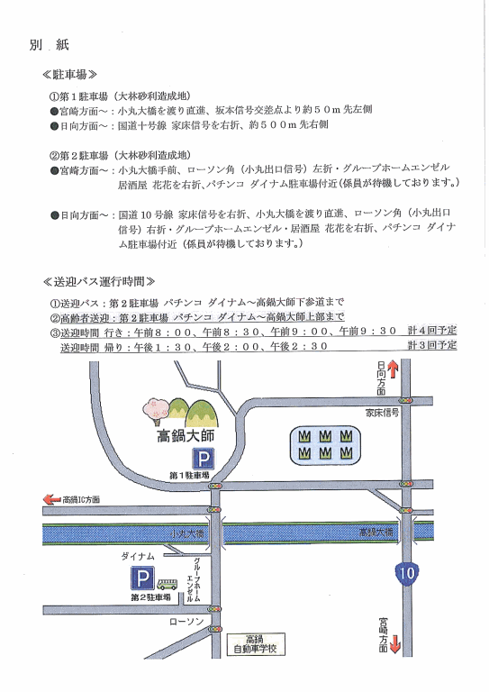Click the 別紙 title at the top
pyautogui.click(x=49, y=44)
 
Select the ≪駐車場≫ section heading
pyautogui.click(x=69, y=75)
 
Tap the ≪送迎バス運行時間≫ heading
pyautogui.click(x=99, y=281)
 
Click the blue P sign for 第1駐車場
pyautogui.click(x=203, y=459)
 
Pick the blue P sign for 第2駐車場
pyautogui.click(x=142, y=578)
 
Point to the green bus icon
pyautogui.click(x=168, y=584)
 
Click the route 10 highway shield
pyautogui.click(x=406, y=573)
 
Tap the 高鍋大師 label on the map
pyautogui.click(x=186, y=436)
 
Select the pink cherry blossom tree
pyautogui.click(x=156, y=411)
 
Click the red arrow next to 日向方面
pyautogui.click(x=393, y=369)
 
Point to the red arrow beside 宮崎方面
pyautogui.click(x=395, y=644)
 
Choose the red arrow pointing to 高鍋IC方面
pyautogui.click(x=51, y=499)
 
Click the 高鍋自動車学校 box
pyautogui.click(x=255, y=644)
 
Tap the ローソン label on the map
pyautogui.click(x=186, y=622)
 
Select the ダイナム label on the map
pyautogui.click(x=138, y=557)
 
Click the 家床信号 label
pyautogui.click(x=383, y=413)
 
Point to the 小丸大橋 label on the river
pyautogui.click(x=187, y=534)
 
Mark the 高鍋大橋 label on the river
pyautogui.click(x=376, y=533)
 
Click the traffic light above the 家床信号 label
pyautogui.click(x=405, y=400)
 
